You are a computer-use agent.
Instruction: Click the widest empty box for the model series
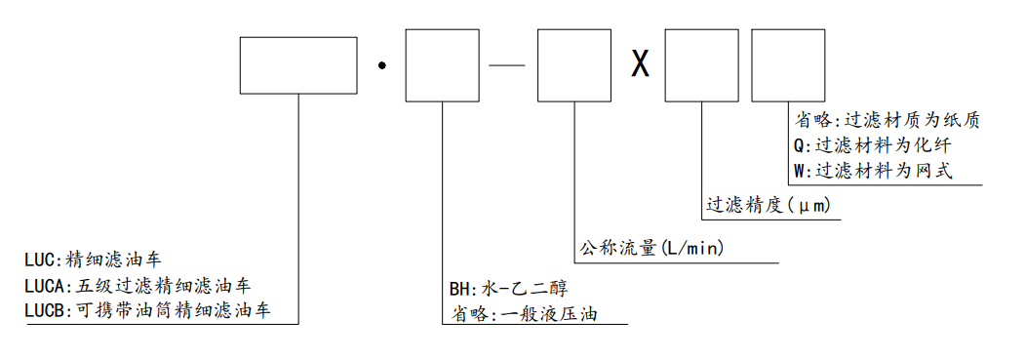tap(298, 64)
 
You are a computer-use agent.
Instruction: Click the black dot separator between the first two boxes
tap(384, 66)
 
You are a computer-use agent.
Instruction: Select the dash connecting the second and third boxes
tap(508, 65)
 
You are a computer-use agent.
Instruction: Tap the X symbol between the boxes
tap(639, 65)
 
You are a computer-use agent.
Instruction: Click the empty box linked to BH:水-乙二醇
tap(442, 64)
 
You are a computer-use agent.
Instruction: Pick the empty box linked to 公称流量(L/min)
tap(575, 64)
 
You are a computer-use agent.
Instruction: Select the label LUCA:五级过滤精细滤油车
tap(137, 286)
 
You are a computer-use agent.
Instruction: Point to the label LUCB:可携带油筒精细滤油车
tap(147, 311)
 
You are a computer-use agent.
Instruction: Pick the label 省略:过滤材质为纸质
tap(887, 121)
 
